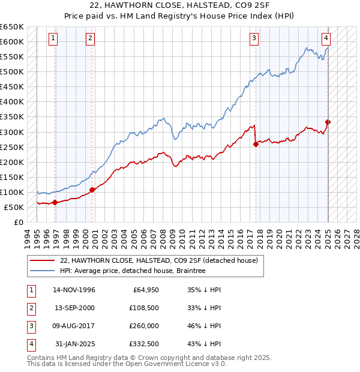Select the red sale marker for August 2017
coord(256,144)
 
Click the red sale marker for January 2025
coord(328,122)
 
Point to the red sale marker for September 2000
coord(92,190)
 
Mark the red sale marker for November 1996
coord(55,202)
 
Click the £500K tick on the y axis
coord(11,71)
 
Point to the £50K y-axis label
coord(13,207)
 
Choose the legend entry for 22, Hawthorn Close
coord(158,260)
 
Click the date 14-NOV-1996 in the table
coord(74,290)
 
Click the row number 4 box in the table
coord(30,344)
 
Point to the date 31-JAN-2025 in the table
coord(74,344)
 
